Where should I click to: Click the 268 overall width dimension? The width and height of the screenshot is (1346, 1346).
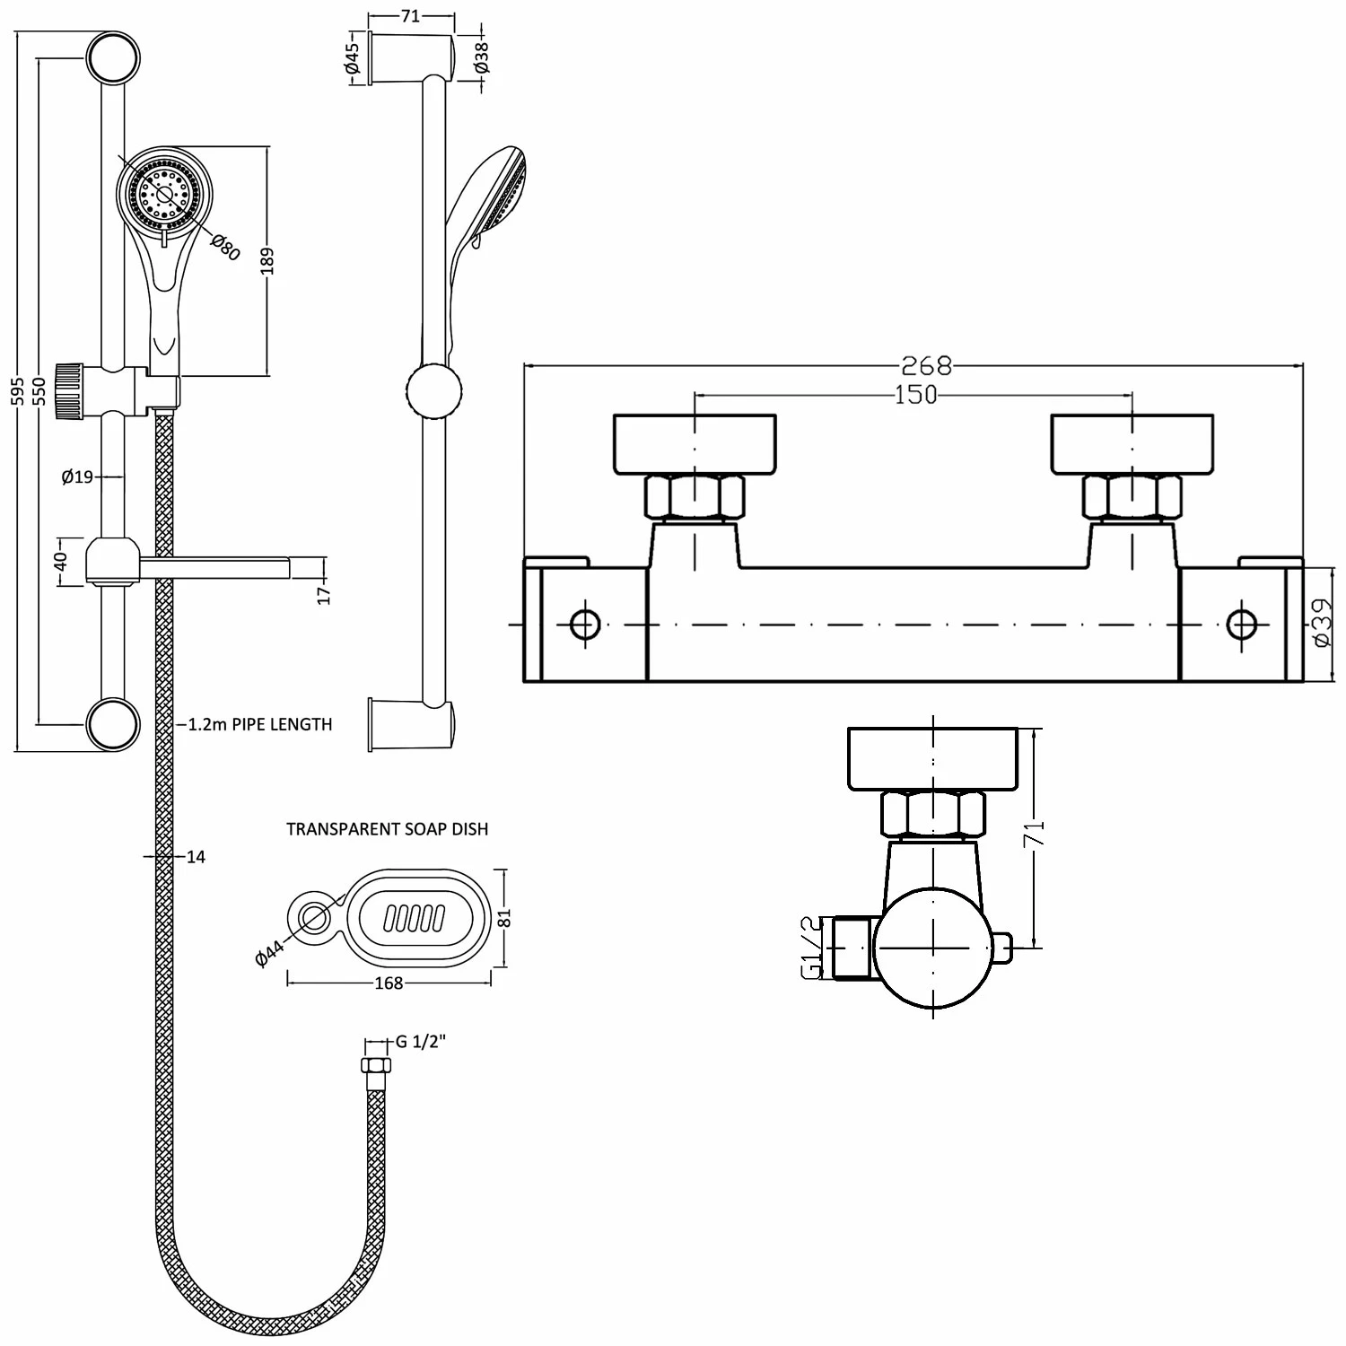pos(926,365)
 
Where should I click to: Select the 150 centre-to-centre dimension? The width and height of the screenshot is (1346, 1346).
pos(914,394)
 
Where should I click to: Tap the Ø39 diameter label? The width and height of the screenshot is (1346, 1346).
pos(1321,624)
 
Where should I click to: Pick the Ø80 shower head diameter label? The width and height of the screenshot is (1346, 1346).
pos(224,246)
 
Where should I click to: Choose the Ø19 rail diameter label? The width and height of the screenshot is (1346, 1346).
pos(77,477)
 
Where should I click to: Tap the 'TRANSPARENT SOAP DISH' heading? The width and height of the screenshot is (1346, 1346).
pos(387,829)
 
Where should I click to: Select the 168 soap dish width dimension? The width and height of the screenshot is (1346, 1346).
pos(388,983)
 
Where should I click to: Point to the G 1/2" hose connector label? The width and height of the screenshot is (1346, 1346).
pos(420,1042)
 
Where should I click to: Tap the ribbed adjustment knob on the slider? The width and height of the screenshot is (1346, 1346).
pos(68,391)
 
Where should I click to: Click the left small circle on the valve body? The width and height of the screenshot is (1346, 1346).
pos(584,624)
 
